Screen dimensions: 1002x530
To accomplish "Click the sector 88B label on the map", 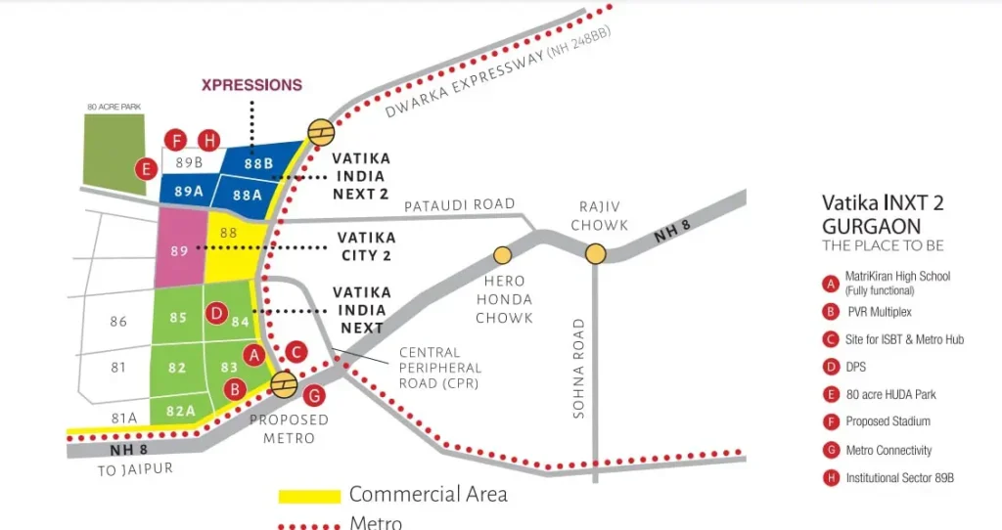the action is [258, 164].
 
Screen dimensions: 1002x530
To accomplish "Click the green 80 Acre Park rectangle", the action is [115, 154].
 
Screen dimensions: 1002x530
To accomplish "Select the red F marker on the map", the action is [176, 141].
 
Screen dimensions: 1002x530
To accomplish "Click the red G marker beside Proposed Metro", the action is [314, 396].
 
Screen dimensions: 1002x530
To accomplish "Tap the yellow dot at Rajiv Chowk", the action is [596, 253].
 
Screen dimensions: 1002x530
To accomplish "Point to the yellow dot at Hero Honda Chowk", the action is [502, 255].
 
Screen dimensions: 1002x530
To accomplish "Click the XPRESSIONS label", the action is [251, 85].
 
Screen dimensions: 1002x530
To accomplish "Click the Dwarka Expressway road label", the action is [498, 71].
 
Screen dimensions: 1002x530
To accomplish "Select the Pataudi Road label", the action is [460, 205].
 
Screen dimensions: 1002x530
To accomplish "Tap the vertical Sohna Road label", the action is [578, 369].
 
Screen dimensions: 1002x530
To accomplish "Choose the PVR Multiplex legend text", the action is [880, 312].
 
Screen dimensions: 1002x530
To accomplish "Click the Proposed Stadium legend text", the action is [888, 421].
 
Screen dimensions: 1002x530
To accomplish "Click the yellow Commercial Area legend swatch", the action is [309, 496].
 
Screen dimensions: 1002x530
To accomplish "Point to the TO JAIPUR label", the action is [135, 470].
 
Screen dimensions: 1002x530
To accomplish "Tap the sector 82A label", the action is [181, 412].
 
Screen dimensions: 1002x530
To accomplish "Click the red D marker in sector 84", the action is [217, 313].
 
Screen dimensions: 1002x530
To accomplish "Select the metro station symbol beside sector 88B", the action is [321, 132].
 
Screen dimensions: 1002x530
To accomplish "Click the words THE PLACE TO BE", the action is [883, 245].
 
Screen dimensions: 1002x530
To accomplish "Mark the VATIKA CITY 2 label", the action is [367, 246].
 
